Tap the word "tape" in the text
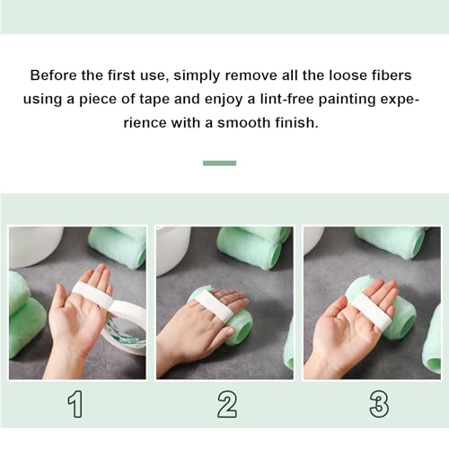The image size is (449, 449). (196, 98)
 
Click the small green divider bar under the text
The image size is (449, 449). (219, 163)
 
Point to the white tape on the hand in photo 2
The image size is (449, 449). (213, 306)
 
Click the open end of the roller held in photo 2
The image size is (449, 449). (240, 327)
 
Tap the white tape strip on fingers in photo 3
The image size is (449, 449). (370, 310)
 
